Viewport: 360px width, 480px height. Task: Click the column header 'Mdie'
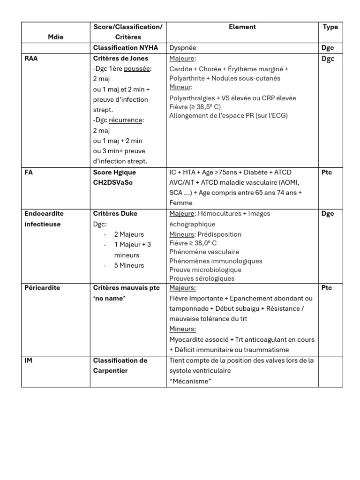[x=55, y=37]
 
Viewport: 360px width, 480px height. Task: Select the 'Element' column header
[x=242, y=27]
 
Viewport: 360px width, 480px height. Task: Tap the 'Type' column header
[x=330, y=27]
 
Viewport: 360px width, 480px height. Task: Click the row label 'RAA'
[x=31, y=59]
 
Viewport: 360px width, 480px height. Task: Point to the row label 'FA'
[x=29, y=172]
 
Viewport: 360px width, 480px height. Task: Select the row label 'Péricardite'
[x=42, y=288]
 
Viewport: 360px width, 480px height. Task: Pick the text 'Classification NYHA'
[x=126, y=48]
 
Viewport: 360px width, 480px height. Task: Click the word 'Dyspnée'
[x=183, y=48]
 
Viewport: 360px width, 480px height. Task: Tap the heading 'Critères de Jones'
[x=121, y=59]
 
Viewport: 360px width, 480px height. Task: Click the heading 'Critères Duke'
[x=115, y=214]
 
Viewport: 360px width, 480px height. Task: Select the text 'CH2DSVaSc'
[x=113, y=182]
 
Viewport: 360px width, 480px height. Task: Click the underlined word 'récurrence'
[x=126, y=120]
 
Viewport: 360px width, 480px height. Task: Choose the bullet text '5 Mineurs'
[x=129, y=265]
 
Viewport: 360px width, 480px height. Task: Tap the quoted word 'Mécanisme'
[x=190, y=381]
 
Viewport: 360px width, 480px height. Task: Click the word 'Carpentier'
[x=111, y=371]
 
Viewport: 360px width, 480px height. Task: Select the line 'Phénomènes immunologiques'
[x=216, y=261]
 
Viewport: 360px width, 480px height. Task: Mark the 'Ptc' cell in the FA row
[x=327, y=172]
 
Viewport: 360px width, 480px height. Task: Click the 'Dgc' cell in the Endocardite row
[x=328, y=214]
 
